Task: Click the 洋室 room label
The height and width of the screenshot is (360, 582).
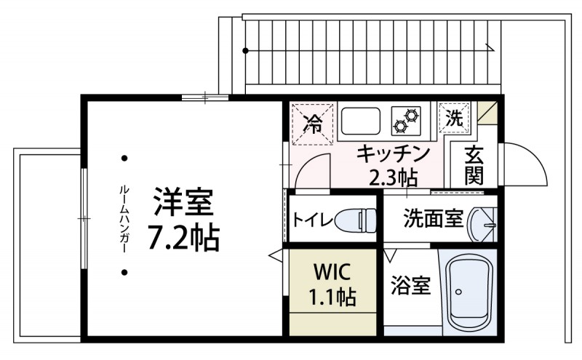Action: [x=184, y=202]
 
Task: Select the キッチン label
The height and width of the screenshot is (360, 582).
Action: [x=394, y=154]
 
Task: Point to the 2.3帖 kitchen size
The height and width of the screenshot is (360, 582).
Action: [x=393, y=177]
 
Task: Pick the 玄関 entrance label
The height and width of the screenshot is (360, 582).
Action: [x=474, y=165]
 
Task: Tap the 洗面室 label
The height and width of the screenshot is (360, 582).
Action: [x=423, y=219]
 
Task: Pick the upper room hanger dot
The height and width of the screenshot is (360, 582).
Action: [x=124, y=158]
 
